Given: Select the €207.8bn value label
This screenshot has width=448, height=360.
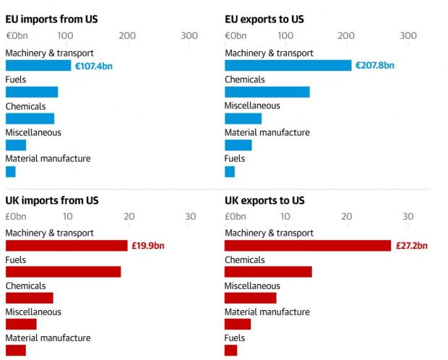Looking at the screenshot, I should [374, 66].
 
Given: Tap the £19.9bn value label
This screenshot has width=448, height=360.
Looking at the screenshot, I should [149, 246].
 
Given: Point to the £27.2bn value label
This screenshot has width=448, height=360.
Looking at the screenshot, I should [411, 246].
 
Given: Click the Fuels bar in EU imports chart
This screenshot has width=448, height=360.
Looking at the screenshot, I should [32, 92].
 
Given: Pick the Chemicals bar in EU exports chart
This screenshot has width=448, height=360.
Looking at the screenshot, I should [267, 92].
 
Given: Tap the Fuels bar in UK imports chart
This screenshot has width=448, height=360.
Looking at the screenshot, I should [63, 272].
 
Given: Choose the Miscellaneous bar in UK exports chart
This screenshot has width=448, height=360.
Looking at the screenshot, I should [250, 298].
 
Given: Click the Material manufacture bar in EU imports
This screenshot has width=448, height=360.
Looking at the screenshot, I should [11, 171].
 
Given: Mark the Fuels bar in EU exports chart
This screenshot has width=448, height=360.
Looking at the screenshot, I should [230, 171].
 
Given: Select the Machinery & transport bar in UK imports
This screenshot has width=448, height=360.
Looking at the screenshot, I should [66, 246].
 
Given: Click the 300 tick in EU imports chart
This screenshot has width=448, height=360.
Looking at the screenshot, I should [189, 35].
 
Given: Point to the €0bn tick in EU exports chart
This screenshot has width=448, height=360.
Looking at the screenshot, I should [236, 35].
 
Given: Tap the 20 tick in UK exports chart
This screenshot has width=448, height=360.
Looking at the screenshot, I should [347, 215].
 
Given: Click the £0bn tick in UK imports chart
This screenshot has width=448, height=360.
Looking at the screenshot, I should [17, 215].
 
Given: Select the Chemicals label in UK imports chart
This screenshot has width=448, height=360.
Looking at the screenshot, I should [26, 286].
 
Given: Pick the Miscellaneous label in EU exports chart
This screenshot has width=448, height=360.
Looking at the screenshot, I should [252, 106].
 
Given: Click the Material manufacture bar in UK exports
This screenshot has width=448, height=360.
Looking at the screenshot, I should [238, 324].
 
